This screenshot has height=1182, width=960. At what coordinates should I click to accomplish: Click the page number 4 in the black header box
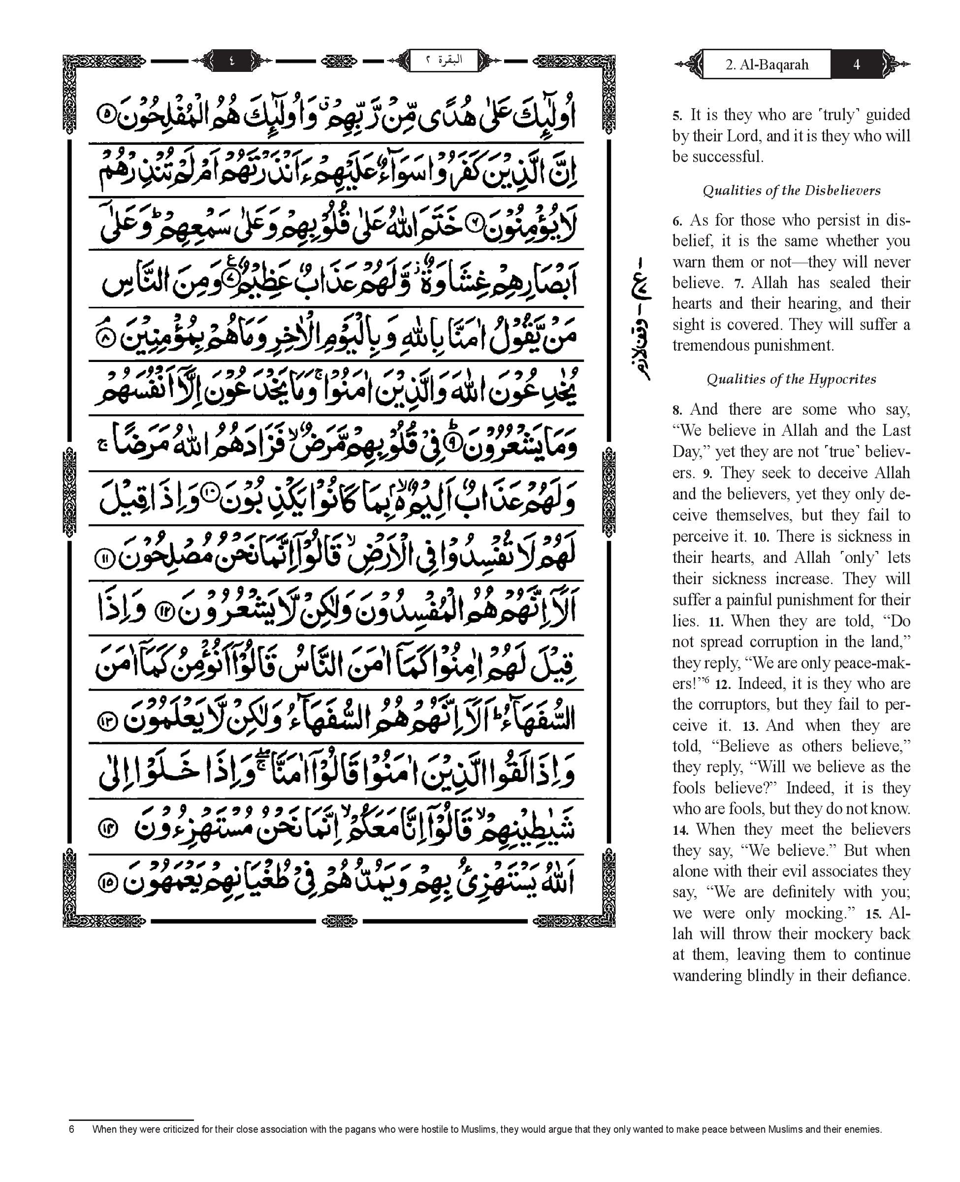point(856,65)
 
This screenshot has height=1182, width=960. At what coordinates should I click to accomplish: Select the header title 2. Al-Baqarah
point(767,65)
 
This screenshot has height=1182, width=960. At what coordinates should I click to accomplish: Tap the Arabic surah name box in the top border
point(444,60)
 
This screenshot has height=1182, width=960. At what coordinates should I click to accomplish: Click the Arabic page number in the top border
point(231,60)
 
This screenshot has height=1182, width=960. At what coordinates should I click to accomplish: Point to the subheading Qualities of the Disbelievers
point(791,191)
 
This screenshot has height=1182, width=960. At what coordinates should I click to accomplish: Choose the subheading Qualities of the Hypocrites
point(791,379)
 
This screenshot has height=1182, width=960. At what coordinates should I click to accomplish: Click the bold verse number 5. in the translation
point(677,116)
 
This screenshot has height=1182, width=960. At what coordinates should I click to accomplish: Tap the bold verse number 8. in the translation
point(677,410)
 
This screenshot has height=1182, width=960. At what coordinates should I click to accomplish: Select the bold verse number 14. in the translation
point(680,830)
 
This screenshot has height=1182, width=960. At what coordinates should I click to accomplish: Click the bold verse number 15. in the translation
point(874,914)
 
